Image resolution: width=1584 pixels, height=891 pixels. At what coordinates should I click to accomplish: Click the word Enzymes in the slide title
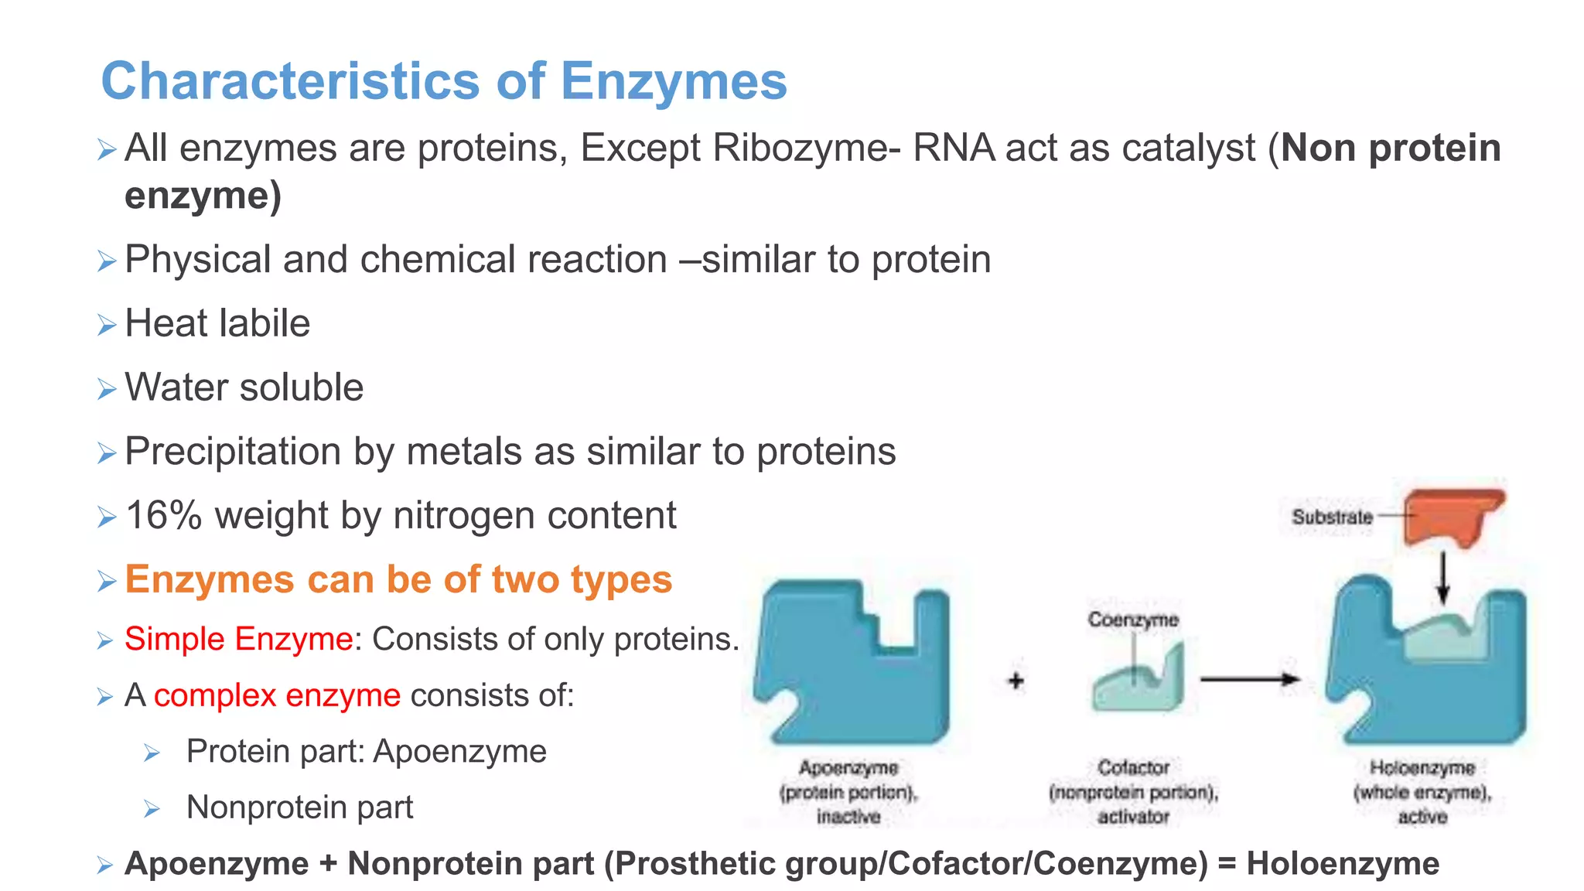[x=673, y=81]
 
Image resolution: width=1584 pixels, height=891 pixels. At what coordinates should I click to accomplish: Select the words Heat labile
[x=217, y=323]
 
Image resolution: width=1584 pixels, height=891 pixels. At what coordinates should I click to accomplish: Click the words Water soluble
[x=244, y=387]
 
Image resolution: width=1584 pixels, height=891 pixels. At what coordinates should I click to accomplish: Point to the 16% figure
[x=163, y=515]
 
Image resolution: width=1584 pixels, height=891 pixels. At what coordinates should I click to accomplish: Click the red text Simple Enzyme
[x=238, y=639]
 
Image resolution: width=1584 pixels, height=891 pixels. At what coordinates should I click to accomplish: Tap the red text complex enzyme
[x=277, y=695]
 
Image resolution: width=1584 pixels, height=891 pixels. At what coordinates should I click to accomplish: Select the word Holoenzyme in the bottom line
[x=1343, y=863]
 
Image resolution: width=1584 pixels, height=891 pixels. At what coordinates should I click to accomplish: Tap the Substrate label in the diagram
[x=1332, y=517]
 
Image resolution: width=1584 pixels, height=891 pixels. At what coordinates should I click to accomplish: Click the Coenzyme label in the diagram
[x=1133, y=620]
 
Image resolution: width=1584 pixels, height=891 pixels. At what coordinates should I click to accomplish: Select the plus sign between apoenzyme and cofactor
[x=1016, y=681]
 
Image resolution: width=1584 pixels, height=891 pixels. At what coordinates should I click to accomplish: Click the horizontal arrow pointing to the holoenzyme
[x=1249, y=679]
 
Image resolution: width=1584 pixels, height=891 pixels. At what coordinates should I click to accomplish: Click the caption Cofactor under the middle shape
[x=1133, y=767]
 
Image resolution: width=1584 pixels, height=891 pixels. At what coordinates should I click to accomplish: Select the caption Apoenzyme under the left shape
[x=848, y=767]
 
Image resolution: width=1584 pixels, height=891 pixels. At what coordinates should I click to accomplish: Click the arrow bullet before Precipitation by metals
[x=107, y=453]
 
